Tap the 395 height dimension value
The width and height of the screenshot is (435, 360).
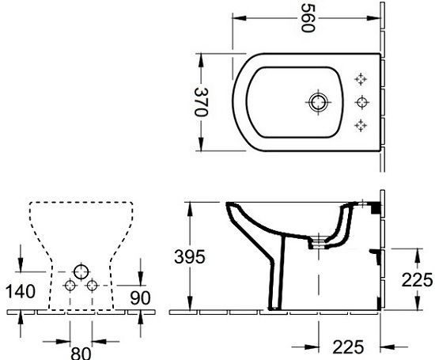click(x=190, y=256)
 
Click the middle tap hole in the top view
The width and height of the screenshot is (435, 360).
click(x=362, y=100)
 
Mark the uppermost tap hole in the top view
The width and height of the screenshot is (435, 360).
click(x=362, y=78)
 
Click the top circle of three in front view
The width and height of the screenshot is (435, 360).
click(x=79, y=270)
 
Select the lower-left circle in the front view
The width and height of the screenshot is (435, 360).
click(x=69, y=284)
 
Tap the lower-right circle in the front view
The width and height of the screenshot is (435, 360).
click(x=91, y=284)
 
